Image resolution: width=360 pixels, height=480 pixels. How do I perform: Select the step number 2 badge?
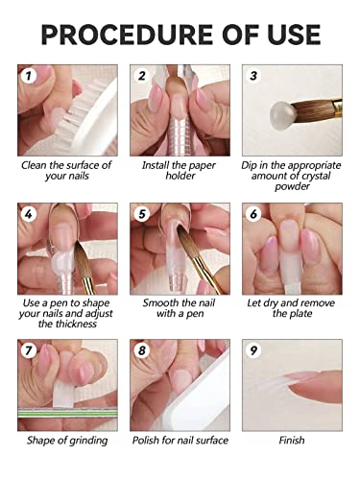[x=141, y=75]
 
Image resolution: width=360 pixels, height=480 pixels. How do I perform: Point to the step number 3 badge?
[x=253, y=75]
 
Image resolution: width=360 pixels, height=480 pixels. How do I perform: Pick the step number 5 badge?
[x=141, y=213]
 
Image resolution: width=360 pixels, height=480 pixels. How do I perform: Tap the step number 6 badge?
[x=253, y=213]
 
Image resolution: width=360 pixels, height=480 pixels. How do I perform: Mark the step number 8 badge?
[x=141, y=350]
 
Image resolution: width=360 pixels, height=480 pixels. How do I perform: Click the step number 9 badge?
[x=253, y=350]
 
